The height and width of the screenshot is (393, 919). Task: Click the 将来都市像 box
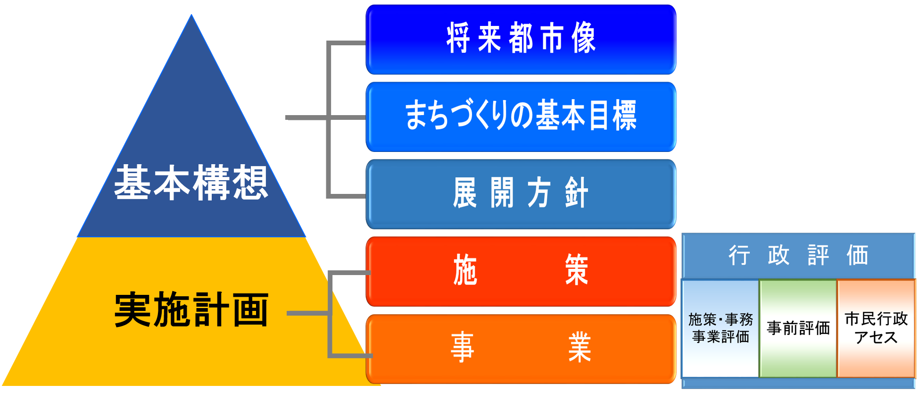point(521,40)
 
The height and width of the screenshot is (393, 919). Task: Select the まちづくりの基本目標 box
point(521,117)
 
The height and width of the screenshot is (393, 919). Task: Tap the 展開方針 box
point(521,194)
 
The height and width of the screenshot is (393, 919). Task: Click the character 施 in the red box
point(465,270)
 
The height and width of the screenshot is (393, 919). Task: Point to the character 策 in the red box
point(577,270)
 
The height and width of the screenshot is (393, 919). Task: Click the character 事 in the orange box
point(463,347)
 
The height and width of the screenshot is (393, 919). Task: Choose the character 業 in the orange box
point(580,347)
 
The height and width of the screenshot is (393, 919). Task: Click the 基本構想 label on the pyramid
point(191,183)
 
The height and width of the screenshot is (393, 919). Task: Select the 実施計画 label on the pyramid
point(191,309)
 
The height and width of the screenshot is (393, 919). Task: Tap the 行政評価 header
point(798,255)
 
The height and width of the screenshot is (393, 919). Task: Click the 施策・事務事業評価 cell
point(720,328)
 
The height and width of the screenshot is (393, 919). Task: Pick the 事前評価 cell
point(798,328)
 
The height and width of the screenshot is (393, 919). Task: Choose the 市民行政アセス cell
point(876,328)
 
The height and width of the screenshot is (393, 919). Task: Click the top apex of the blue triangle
point(191,15)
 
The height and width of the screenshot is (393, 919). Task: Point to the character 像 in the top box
point(584,38)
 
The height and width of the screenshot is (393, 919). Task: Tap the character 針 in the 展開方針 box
point(577,192)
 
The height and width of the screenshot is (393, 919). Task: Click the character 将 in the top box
point(458,38)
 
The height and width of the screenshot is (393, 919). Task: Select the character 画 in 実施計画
point(250,309)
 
